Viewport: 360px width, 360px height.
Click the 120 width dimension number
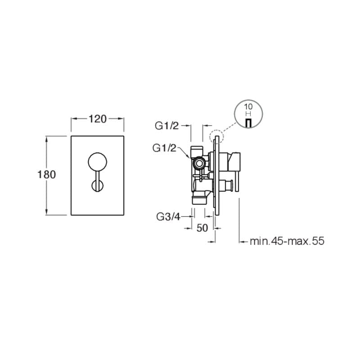(98, 119)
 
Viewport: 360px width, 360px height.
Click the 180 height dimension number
(47, 175)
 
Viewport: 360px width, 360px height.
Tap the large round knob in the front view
(97, 162)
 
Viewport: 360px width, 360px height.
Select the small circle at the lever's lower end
(97, 186)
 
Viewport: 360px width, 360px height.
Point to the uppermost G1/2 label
(166, 126)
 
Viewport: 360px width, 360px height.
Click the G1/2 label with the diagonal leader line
(164, 148)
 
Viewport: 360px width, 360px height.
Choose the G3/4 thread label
(168, 216)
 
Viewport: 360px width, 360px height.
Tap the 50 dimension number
(202, 228)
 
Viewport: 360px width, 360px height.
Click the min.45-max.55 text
(287, 241)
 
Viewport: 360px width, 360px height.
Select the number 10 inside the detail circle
(248, 107)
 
